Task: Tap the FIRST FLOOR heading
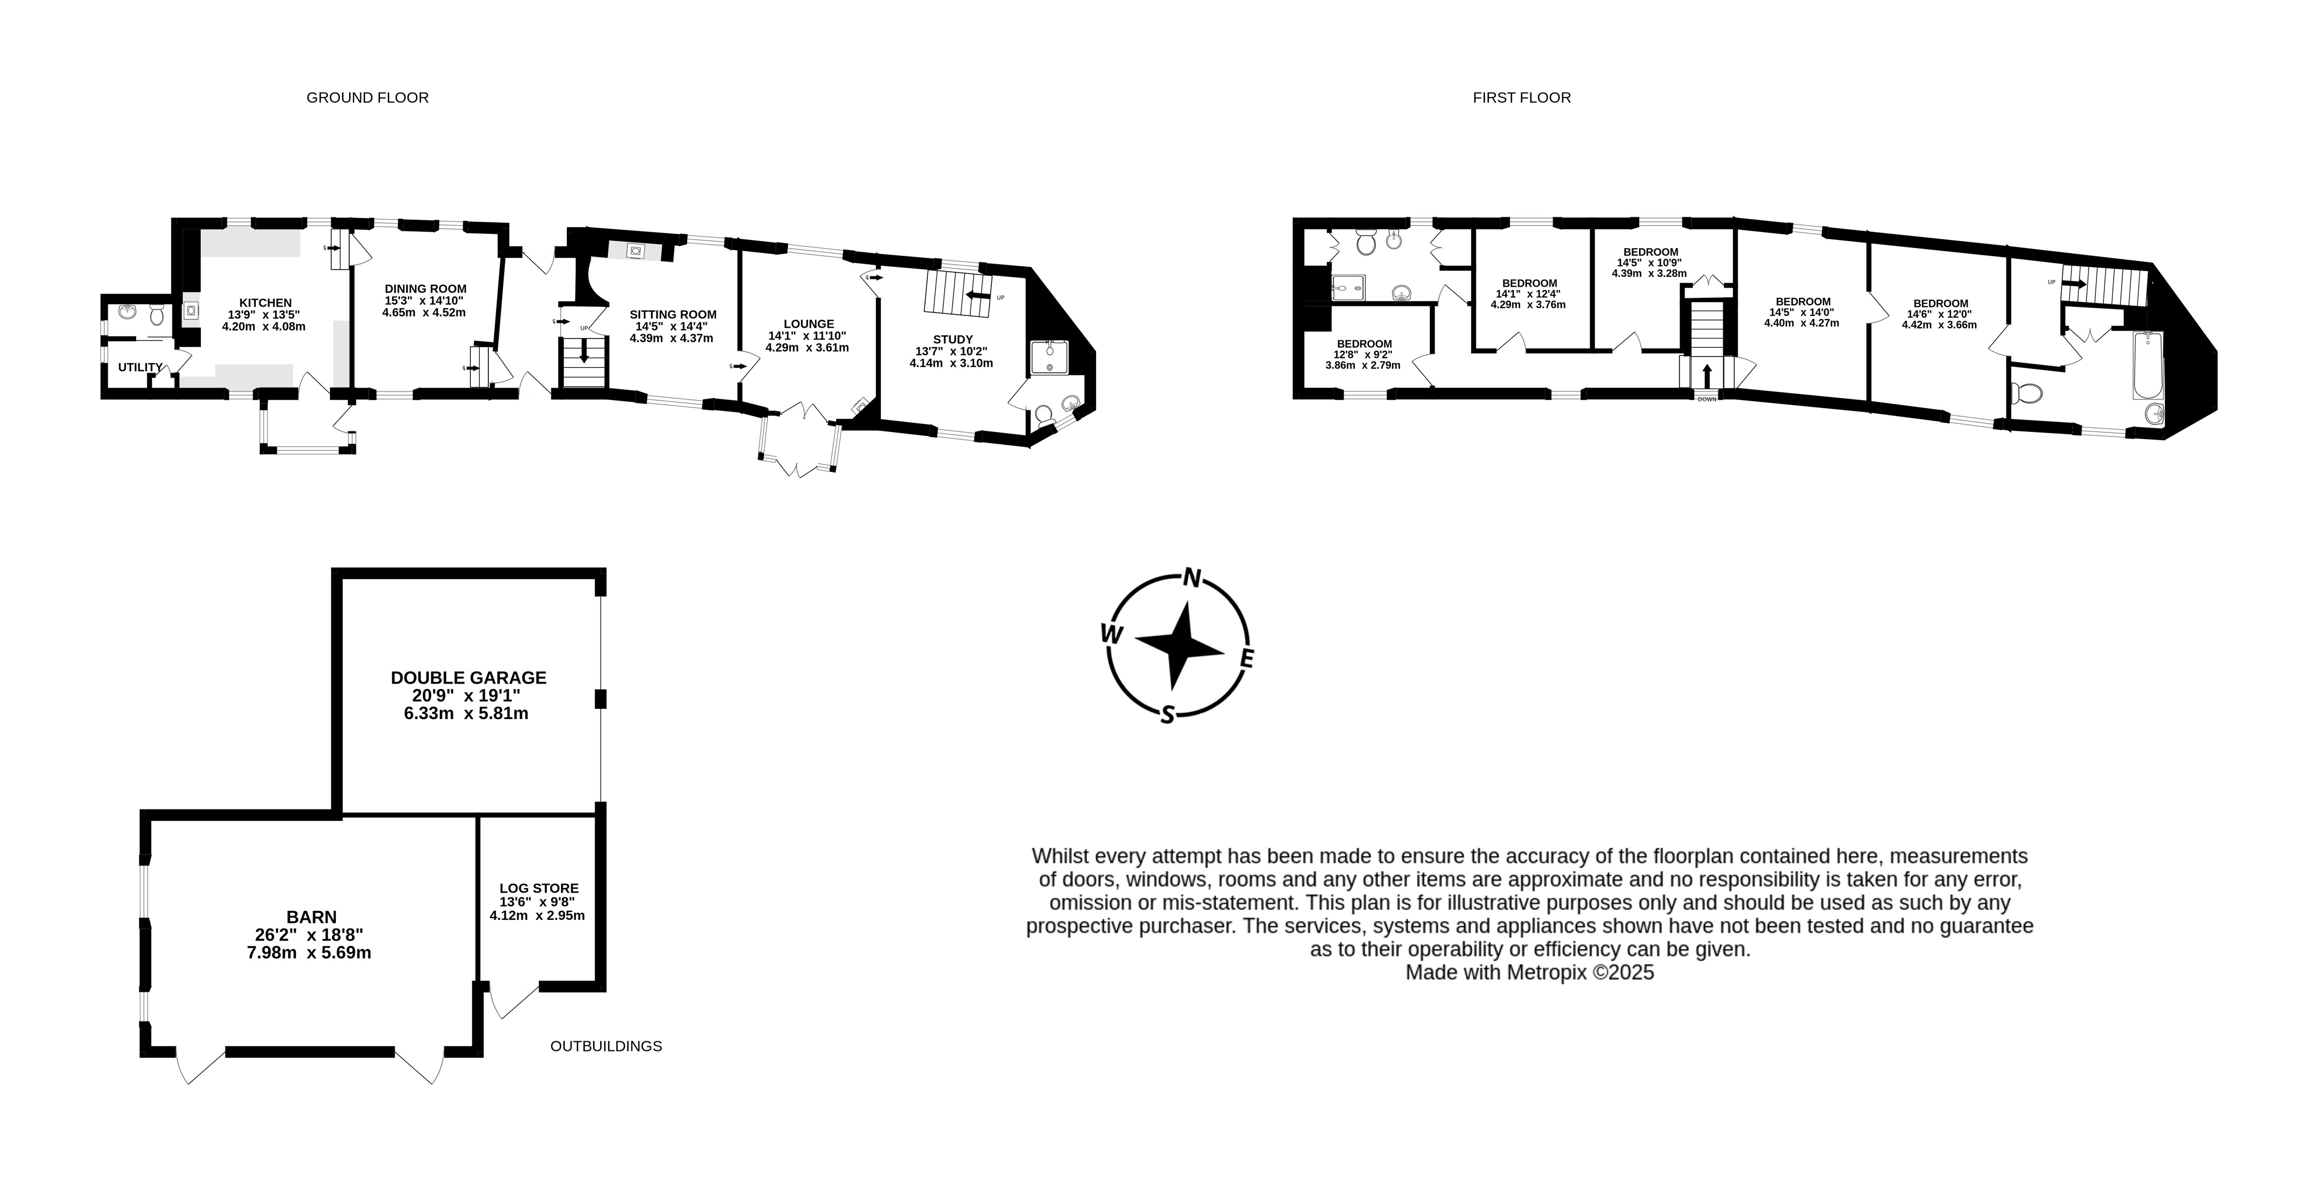1521,97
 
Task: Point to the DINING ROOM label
425,289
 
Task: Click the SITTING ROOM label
673,315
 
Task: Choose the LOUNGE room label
808,324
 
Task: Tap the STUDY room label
952,339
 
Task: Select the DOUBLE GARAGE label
468,677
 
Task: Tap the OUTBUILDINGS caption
606,1046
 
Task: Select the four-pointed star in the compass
1180,646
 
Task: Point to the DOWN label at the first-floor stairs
1707,399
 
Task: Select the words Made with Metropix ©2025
1529,973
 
